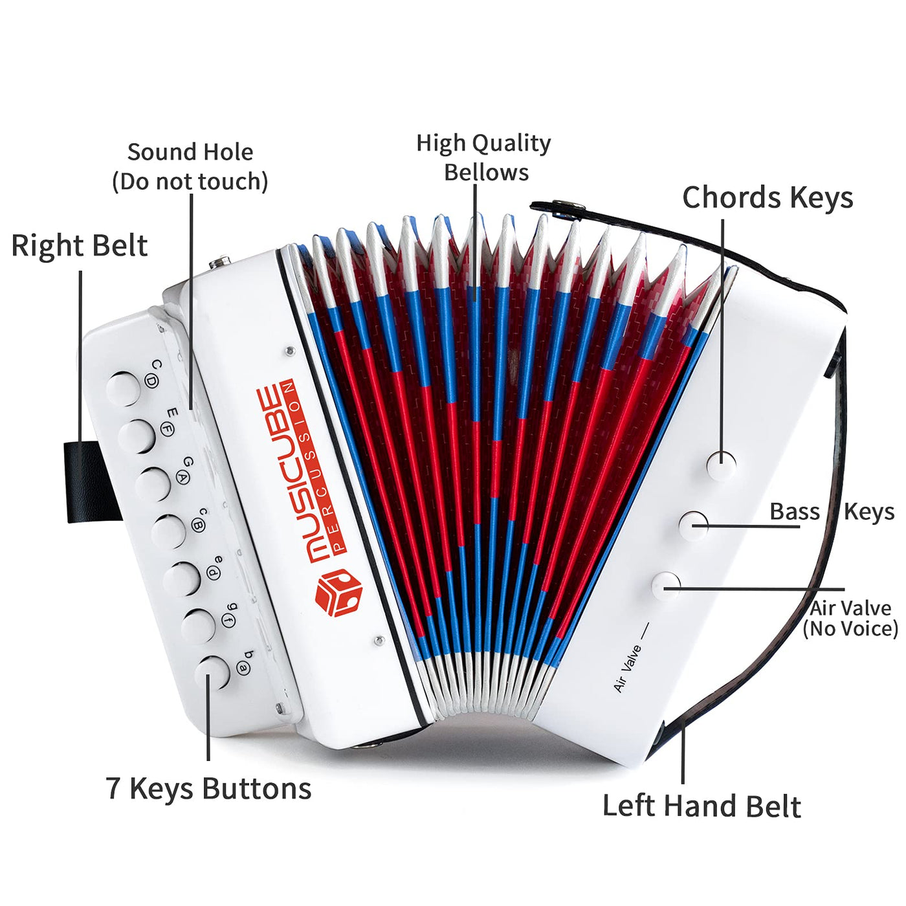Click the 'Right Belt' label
[80, 247]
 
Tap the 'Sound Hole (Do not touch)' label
[190, 167]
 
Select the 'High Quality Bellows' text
[484, 157]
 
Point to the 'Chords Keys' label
[768, 198]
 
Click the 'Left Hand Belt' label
[702, 806]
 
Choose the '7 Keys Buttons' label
[208, 789]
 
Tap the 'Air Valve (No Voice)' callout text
[850, 618]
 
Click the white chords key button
[721, 465]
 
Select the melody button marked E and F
[137, 436]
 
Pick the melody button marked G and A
[153, 483]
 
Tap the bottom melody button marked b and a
[212, 672]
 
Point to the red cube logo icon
[338, 593]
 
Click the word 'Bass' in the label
[794, 512]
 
